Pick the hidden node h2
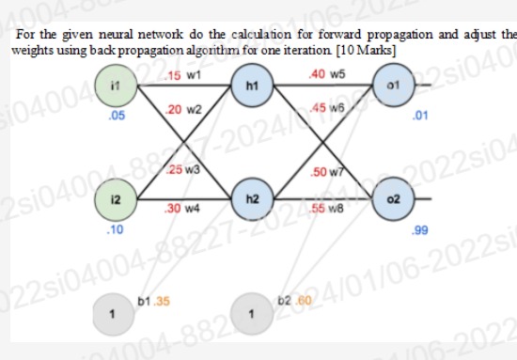point(251,200)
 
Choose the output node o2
point(393,200)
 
